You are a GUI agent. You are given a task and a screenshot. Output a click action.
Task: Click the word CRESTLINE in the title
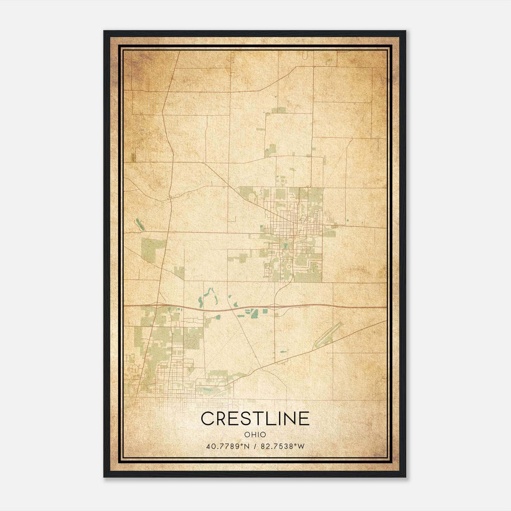coord(255,418)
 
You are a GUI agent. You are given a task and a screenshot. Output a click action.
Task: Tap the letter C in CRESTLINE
coord(207,418)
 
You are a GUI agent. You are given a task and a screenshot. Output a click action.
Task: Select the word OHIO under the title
coord(255,434)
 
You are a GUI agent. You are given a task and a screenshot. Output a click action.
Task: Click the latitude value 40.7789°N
coord(227,446)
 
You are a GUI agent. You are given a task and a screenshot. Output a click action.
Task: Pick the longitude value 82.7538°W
coord(283,446)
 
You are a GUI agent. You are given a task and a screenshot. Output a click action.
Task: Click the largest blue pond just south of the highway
coord(254,314)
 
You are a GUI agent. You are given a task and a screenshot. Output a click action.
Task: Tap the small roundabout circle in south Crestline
coord(289,266)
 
